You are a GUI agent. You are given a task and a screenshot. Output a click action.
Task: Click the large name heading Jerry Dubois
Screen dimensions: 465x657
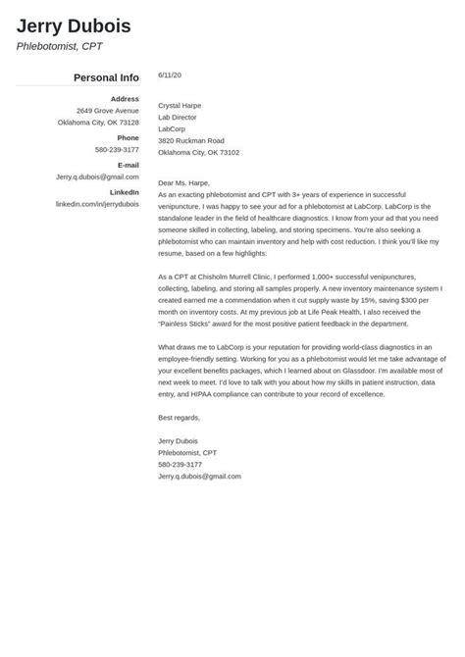[x=74, y=25]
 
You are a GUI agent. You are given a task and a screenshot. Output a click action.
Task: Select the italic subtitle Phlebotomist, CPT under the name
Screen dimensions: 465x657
[x=59, y=46]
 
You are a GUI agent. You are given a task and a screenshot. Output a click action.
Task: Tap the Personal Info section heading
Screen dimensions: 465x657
[x=106, y=77]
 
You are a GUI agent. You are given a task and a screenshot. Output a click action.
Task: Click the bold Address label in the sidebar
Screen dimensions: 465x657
[x=125, y=99]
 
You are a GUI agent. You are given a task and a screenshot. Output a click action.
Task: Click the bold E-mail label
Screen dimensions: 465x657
[x=128, y=166]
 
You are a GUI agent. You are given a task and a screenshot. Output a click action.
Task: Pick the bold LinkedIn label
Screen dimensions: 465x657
[x=123, y=193]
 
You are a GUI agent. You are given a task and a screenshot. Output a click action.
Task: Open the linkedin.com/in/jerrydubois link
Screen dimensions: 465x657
[x=97, y=204]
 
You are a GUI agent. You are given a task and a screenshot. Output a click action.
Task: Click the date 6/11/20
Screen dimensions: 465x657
[x=169, y=75]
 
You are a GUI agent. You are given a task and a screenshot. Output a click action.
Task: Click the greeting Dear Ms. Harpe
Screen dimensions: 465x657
[x=185, y=183]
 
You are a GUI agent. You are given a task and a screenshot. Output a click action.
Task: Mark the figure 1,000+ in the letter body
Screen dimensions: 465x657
[x=323, y=278]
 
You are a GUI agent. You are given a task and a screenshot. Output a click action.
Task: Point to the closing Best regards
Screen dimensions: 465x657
[x=179, y=418]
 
